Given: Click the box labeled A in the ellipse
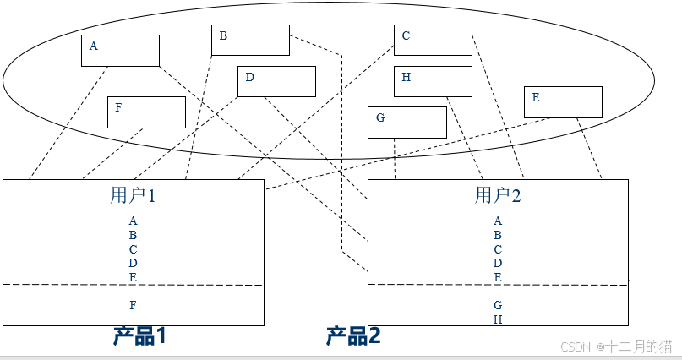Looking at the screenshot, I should point(120,50).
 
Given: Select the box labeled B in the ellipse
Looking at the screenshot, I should point(250,40).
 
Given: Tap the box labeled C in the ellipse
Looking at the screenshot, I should point(433,40).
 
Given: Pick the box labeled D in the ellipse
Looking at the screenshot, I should point(276,81).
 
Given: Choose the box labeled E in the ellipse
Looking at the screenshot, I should point(563,102).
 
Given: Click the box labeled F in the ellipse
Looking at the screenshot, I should point(146,112).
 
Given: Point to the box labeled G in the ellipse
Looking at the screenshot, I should point(406,122).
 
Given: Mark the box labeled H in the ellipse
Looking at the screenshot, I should point(433,81).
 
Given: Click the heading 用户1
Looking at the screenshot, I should point(134,195).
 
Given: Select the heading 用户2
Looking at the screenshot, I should point(498,195).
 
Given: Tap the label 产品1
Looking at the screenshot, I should point(139,335).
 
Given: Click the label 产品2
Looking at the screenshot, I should point(353,335).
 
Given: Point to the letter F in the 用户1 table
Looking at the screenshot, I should point(134,305).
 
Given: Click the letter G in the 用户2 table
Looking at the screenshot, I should point(498,305).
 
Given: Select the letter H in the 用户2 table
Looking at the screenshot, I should point(498,319).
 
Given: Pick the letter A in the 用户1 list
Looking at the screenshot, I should point(134,221).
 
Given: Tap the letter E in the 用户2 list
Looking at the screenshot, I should point(498,276).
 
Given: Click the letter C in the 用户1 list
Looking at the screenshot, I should point(134,248).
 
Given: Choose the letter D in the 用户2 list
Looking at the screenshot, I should point(498,263).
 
